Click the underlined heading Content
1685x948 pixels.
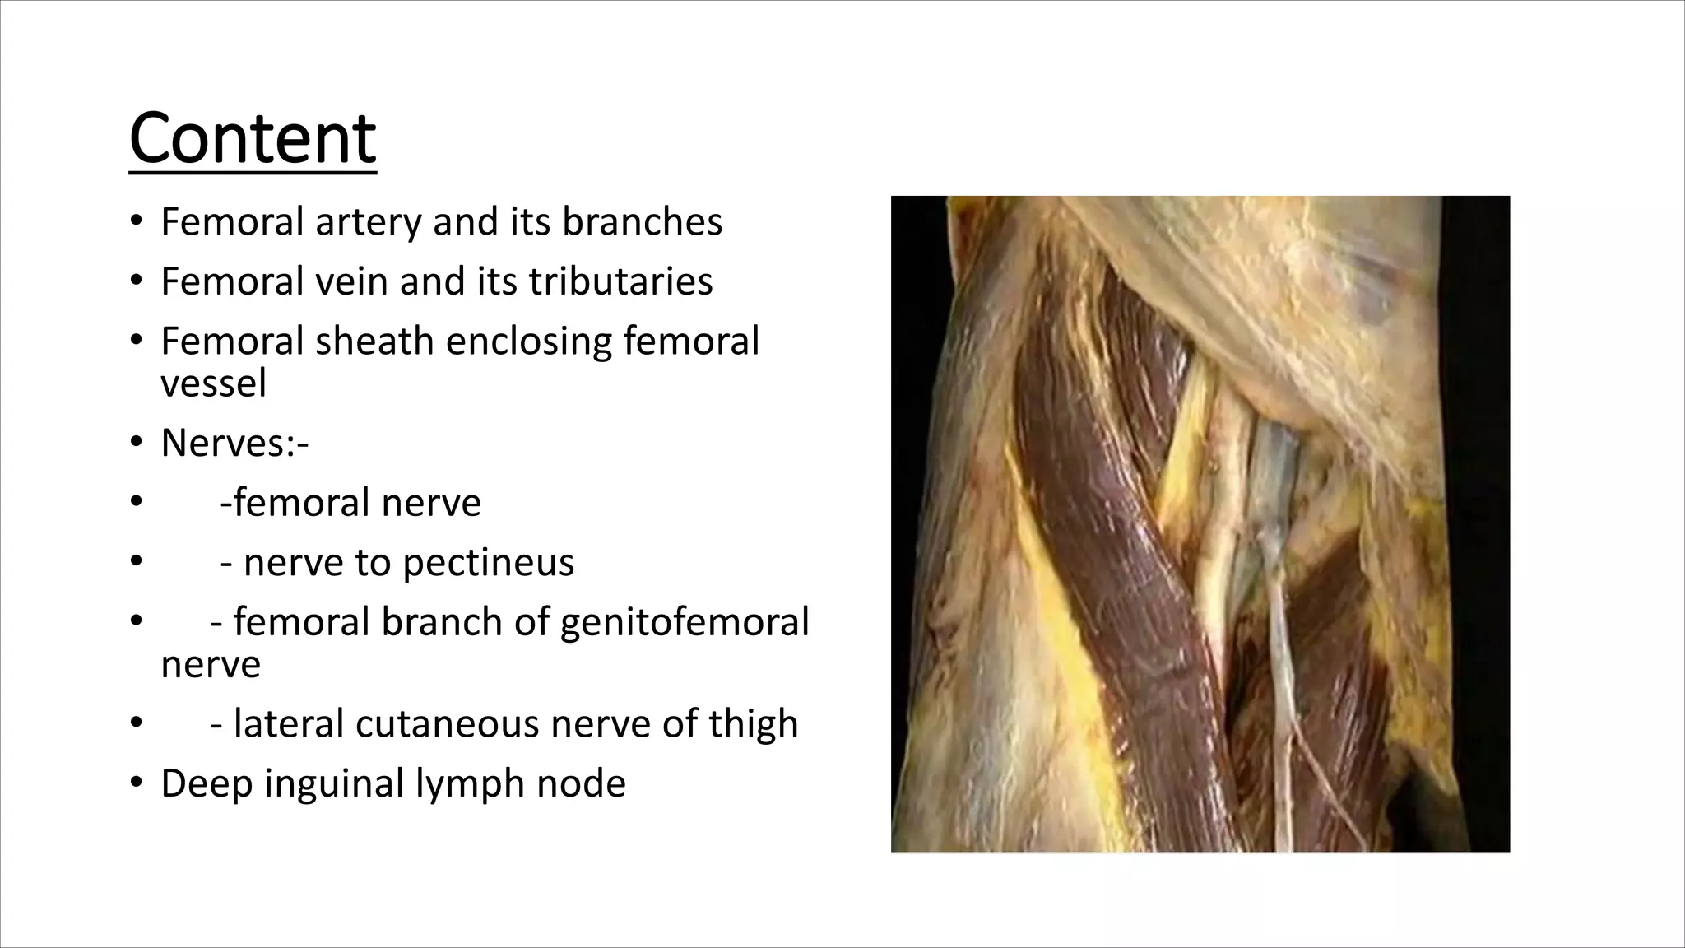point(253,138)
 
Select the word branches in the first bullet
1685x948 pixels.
point(642,222)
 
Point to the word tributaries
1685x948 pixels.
point(620,281)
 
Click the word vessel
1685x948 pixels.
point(213,383)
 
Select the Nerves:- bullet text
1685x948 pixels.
point(234,444)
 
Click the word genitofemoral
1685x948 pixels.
point(685,623)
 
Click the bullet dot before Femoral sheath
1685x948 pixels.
point(137,340)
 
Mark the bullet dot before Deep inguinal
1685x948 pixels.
point(137,783)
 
